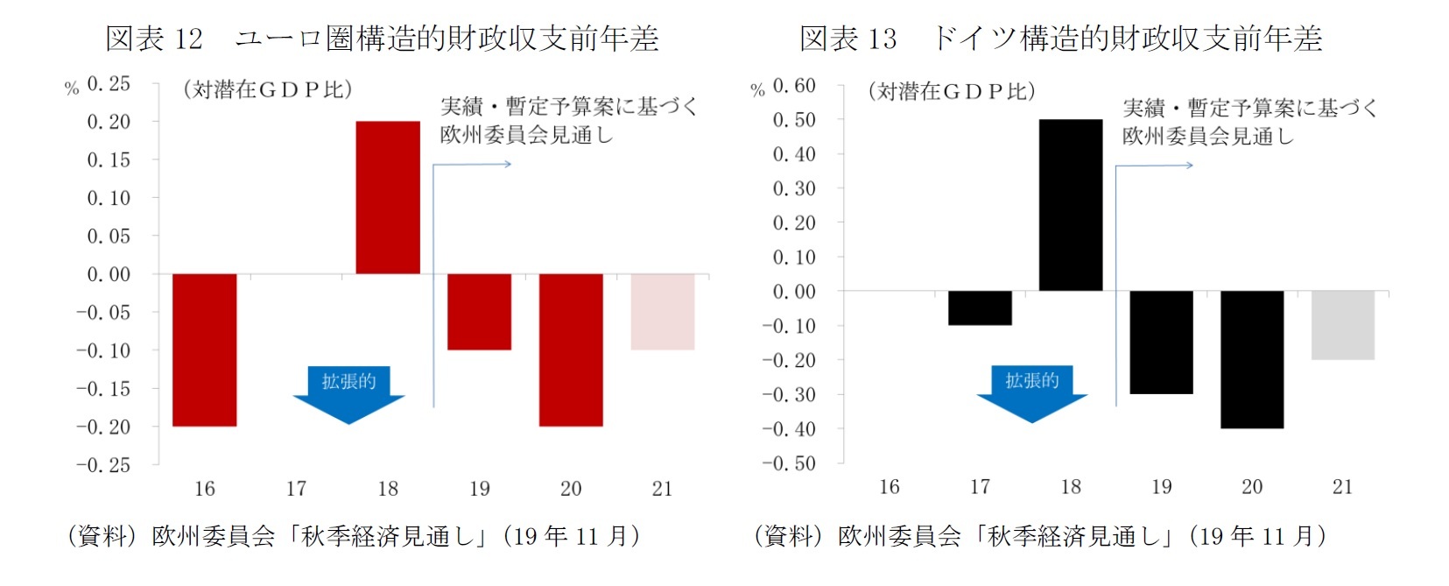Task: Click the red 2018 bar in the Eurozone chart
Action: pyautogui.click(x=388, y=197)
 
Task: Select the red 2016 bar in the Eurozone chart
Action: pyautogui.click(x=204, y=349)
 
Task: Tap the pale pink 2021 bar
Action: pyautogui.click(x=663, y=312)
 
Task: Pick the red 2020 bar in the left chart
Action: pyautogui.click(x=571, y=349)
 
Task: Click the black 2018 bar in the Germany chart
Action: pyautogui.click(x=1071, y=205)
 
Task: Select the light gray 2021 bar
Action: pyautogui.click(x=1342, y=325)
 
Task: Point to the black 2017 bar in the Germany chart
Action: pyautogui.click(x=980, y=308)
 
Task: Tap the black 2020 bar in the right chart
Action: pyautogui.click(x=1252, y=359)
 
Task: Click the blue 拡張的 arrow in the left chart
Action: pyautogui.click(x=348, y=393)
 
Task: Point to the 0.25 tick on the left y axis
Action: pyautogui.click(x=109, y=84)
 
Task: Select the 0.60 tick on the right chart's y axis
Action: pyautogui.click(x=794, y=86)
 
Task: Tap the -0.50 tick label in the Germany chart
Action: pyautogui.click(x=789, y=463)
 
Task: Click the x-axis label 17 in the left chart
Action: pyautogui.click(x=296, y=489)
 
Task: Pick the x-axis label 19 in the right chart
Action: pyautogui.click(x=1162, y=487)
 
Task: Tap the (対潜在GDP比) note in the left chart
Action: pyautogui.click(x=268, y=89)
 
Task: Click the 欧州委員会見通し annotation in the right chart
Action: pyautogui.click(x=1207, y=137)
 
